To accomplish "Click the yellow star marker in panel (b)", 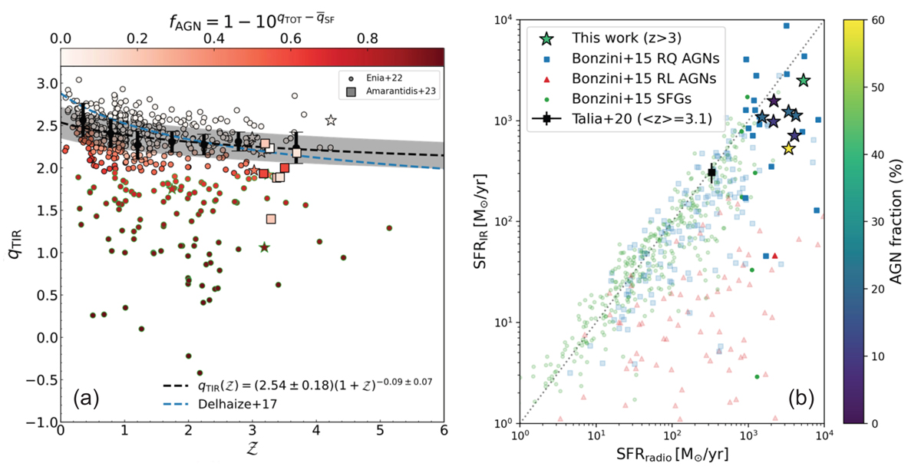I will tap(788, 148).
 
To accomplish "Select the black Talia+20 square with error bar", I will tap(711, 172).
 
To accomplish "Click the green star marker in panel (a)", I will tap(265, 247).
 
